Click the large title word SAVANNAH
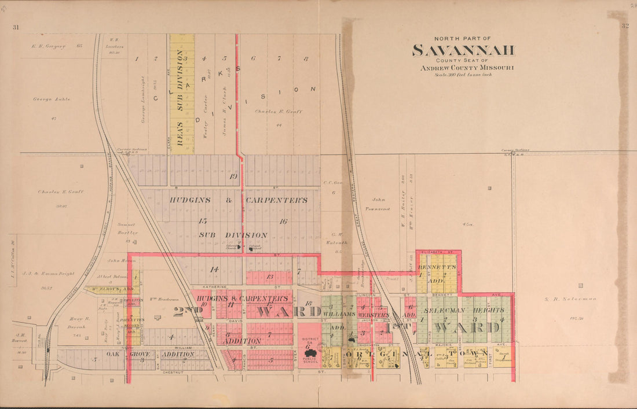463,50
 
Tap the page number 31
16,27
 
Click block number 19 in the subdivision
233,176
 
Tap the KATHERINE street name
214,286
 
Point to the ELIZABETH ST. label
435,252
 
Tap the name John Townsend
374,203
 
